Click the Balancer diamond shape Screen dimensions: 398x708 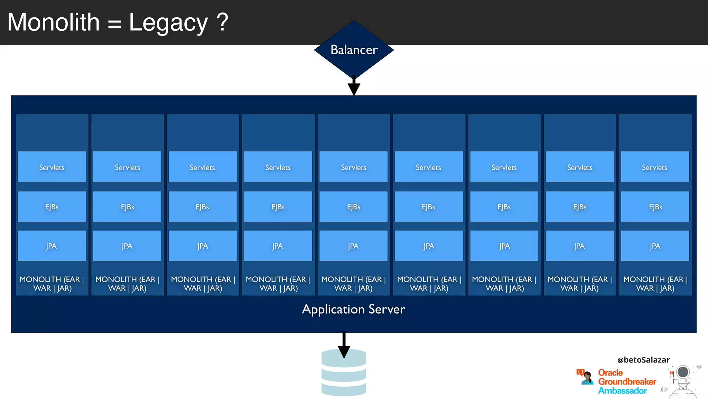point(354,50)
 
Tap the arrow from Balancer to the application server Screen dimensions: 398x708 point(354,86)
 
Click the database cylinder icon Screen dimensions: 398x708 point(344,377)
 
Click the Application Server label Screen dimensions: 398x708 point(353,309)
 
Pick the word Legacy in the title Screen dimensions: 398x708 point(168,22)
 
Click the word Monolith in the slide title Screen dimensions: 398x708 point(54,22)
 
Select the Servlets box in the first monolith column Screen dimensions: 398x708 point(52,167)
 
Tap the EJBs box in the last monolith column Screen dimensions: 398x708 point(655,207)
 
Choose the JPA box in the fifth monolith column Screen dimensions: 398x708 point(353,246)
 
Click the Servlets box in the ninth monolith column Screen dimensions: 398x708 point(655,167)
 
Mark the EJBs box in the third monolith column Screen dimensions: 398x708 point(203,207)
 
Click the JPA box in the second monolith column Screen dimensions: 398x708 point(127,246)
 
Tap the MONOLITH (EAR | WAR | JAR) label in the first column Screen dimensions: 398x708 point(52,284)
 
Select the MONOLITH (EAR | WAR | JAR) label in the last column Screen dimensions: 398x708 point(655,284)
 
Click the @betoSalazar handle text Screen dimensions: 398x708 point(643,360)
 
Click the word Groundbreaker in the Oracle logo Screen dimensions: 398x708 point(627,382)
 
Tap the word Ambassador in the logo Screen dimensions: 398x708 point(622,391)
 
